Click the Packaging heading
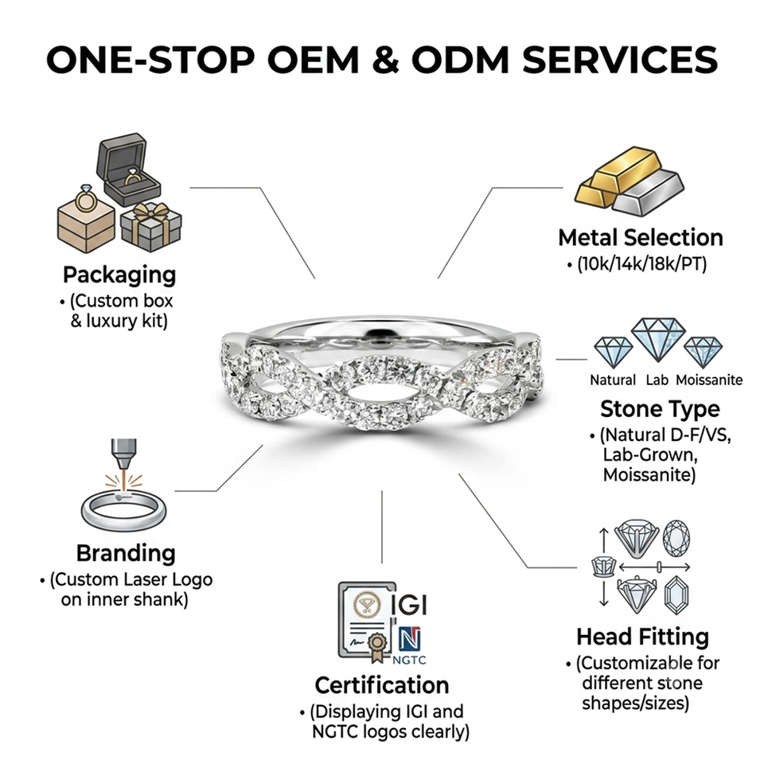pos(119,275)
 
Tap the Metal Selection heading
pos(640,238)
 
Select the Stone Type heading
pos(660,409)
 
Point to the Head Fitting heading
pos(643,637)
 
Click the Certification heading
pos(381,685)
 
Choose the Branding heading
pos(126,554)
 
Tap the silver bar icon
pos(649,192)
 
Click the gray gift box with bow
pos(151,227)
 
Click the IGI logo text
pos(410,605)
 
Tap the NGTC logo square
pos(410,639)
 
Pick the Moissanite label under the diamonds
pos(709,380)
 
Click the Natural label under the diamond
pos(613,380)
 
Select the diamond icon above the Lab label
pos(658,339)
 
